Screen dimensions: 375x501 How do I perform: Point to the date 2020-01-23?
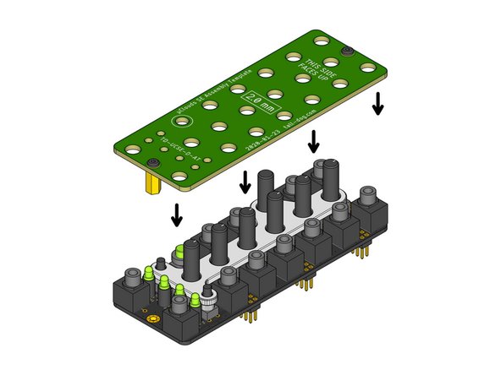tap(257, 140)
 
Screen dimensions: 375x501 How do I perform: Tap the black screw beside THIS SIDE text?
tap(347, 52)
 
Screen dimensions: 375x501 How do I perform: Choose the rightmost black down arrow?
tap(377, 103)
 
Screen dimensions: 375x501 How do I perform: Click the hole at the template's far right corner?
tap(367, 66)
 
